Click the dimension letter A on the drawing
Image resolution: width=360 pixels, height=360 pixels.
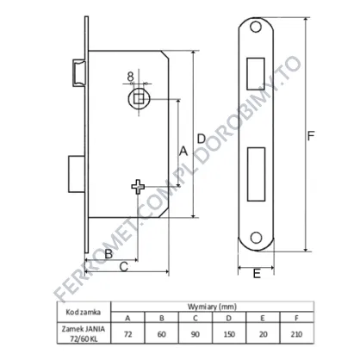[x=183, y=151]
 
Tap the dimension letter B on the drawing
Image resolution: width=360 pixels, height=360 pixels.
[x=109, y=254]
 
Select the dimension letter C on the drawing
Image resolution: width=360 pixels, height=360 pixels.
[x=124, y=267]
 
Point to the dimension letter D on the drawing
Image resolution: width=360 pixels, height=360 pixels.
[x=202, y=139]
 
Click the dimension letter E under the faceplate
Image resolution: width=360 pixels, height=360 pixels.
[x=257, y=274]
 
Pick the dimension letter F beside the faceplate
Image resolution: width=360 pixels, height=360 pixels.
[x=311, y=136]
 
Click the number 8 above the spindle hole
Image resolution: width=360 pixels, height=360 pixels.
[x=130, y=77]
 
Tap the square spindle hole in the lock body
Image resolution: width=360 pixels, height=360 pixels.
[x=139, y=99]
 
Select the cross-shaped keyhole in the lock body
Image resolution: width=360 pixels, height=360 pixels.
[x=138, y=187]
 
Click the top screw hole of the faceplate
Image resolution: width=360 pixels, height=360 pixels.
[x=256, y=27]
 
